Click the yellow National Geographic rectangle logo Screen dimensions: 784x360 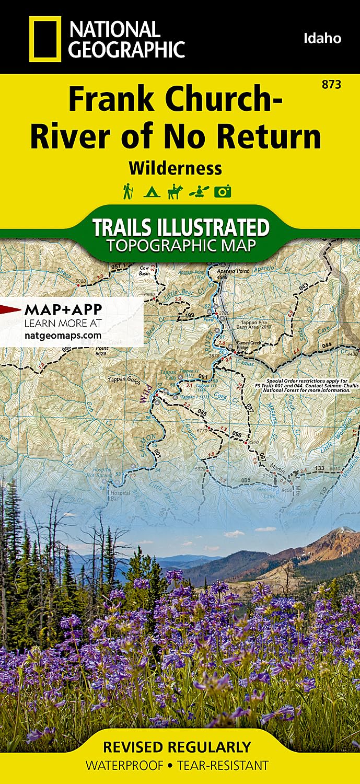click(45, 39)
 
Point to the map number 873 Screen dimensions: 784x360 click(332, 84)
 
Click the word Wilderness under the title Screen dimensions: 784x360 click(175, 168)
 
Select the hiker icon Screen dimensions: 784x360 click(127, 192)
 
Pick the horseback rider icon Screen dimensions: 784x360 click(175, 192)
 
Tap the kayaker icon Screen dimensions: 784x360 click(199, 192)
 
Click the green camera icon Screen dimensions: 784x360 click(223, 192)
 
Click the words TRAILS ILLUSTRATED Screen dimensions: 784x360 click(181, 227)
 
